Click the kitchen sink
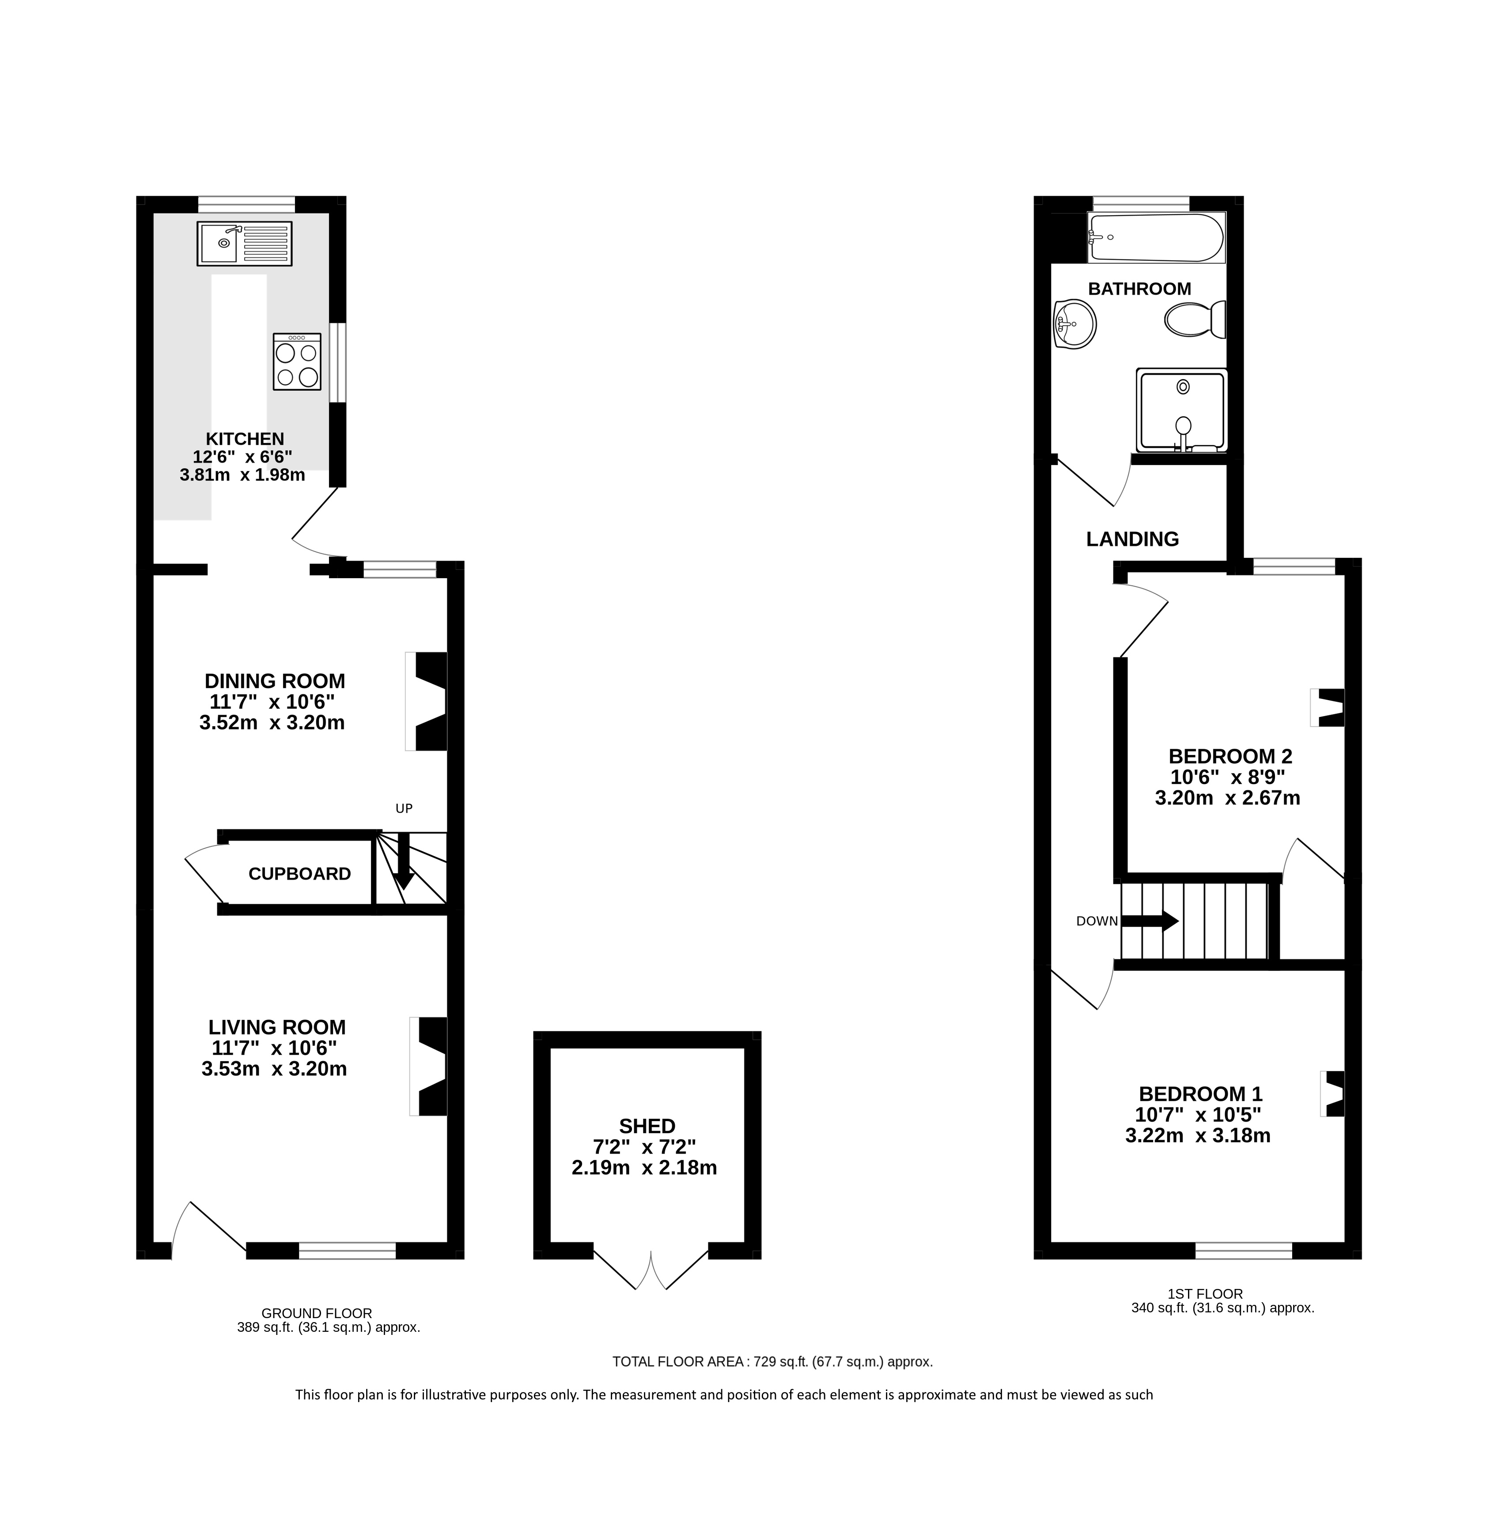tap(245, 243)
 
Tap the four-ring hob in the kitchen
tap(297, 362)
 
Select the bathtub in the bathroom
tap(1155, 238)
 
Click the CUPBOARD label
tap(300, 874)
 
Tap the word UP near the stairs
tap(403, 808)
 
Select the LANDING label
tap(1132, 539)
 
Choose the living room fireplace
tap(428, 1066)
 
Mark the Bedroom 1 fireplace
tap(1332, 1093)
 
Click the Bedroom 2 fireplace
tap(1327, 707)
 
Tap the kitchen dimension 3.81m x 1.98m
tap(242, 475)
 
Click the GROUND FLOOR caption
tap(317, 1313)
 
